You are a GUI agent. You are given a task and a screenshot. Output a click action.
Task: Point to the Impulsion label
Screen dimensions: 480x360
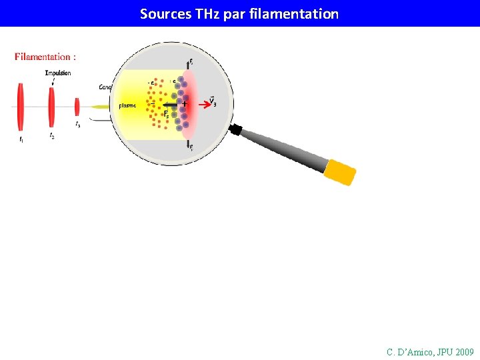pos(58,73)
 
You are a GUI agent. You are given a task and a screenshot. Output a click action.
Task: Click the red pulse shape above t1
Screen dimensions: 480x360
pos(21,107)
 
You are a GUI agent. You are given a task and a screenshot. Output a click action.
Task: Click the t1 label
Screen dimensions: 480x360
pos(21,139)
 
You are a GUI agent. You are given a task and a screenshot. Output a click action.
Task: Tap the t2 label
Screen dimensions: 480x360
pos(52,135)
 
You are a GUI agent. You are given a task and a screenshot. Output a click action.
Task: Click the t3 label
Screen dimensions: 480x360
pos(78,125)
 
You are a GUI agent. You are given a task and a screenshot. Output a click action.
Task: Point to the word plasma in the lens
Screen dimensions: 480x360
pos(127,105)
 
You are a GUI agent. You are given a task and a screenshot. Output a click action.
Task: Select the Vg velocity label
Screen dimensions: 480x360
pos(212,101)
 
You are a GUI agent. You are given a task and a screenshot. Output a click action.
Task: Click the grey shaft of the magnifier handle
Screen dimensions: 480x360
pos(283,147)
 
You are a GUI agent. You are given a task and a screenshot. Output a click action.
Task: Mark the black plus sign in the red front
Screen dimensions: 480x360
pos(185,105)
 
